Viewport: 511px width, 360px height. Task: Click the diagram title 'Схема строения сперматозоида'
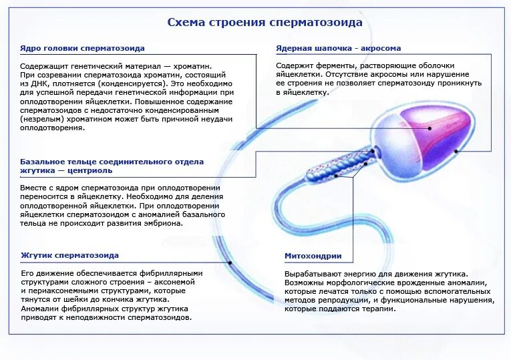[x=265, y=22]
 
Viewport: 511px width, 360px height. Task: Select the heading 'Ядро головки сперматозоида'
[x=82, y=49]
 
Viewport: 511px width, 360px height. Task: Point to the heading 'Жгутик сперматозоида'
[x=69, y=255]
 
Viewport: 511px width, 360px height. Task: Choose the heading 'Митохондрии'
[x=313, y=256]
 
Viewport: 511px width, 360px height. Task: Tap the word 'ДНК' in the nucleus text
[x=40, y=85]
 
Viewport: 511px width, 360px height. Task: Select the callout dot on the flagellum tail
[x=230, y=262]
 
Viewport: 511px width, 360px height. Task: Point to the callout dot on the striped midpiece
[x=365, y=162]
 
